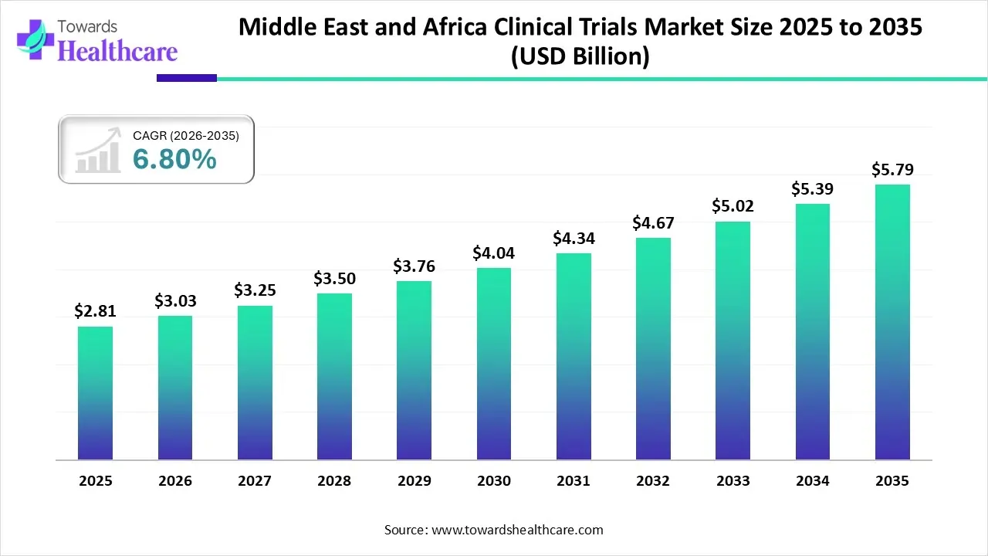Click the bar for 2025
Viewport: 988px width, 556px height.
(x=95, y=393)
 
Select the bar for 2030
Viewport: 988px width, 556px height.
(x=494, y=364)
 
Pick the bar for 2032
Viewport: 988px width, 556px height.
(x=653, y=348)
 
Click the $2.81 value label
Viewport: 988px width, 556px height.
(x=95, y=310)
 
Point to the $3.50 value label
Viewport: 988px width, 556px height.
(x=334, y=278)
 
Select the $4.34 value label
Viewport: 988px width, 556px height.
(x=574, y=239)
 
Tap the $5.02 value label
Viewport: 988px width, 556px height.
(x=733, y=206)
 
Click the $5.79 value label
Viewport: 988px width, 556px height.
(x=892, y=168)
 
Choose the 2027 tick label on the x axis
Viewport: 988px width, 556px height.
(x=255, y=481)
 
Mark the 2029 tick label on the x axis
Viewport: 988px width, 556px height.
(x=414, y=481)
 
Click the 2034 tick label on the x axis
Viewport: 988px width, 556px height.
(x=813, y=481)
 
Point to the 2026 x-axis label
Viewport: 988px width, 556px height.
(x=174, y=481)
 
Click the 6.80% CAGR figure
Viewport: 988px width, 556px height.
(x=174, y=159)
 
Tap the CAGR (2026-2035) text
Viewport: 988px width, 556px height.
(x=186, y=136)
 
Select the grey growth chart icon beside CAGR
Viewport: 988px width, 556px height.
(x=98, y=151)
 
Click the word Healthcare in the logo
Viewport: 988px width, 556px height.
(x=117, y=51)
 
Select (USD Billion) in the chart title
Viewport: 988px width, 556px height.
(x=580, y=56)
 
